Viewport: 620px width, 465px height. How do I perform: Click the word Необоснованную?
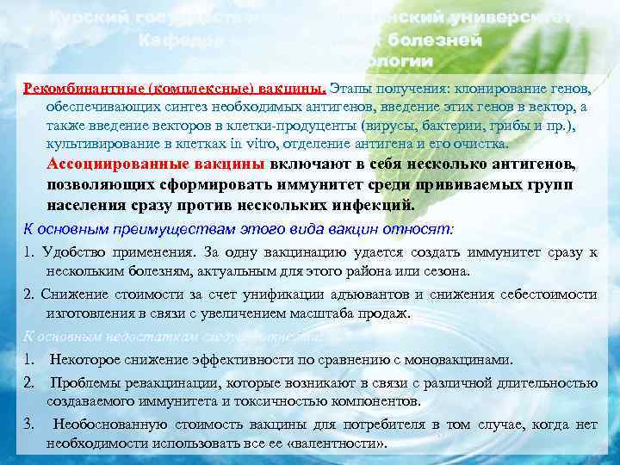106,425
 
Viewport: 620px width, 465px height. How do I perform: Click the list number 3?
29,425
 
